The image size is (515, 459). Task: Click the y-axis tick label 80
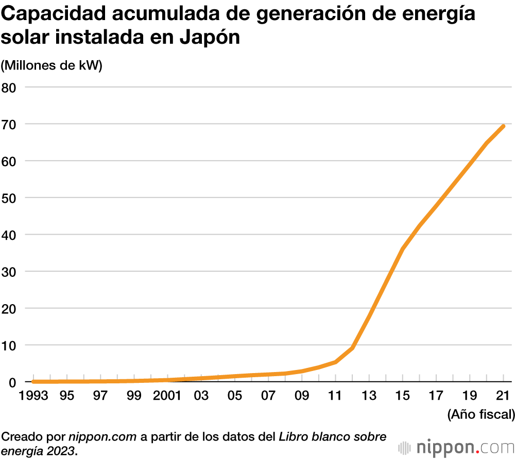tap(10, 87)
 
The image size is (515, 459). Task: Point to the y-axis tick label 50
tap(10, 198)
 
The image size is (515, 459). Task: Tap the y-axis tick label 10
tap(10, 345)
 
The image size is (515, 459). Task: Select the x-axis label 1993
tap(33, 396)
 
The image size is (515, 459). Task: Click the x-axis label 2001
tap(167, 396)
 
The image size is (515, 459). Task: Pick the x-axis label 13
tap(369, 396)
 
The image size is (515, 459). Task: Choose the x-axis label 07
tap(268, 396)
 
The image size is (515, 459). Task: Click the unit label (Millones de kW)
tap(52, 65)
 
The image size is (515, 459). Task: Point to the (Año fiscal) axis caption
tap(480, 414)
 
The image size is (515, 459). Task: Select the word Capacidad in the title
tap(53, 14)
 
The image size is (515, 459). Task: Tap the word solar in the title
tap(23, 38)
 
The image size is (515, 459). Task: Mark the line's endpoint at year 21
tap(503, 126)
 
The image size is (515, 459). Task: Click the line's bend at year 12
tap(352, 348)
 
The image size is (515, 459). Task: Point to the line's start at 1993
tap(33, 381)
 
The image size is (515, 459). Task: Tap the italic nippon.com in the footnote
tap(102, 437)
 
